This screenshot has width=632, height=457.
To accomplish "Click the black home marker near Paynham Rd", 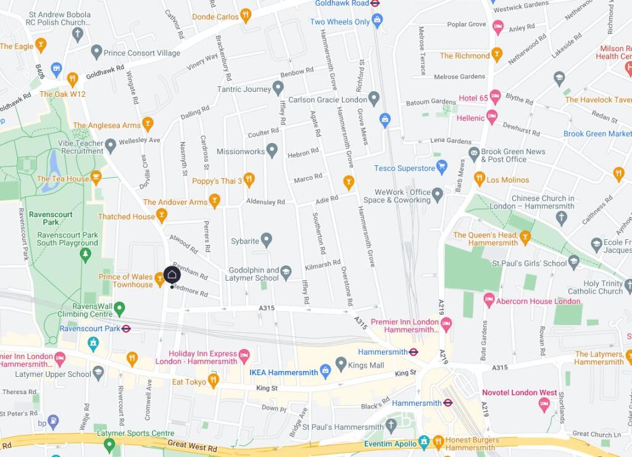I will pyautogui.click(x=172, y=274).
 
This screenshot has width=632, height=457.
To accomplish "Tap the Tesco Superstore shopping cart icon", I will pyautogui.click(x=441, y=166).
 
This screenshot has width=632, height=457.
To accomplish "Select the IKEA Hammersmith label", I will pyautogui.click(x=283, y=373).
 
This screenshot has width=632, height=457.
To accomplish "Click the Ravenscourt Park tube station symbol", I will pyautogui.click(x=126, y=329).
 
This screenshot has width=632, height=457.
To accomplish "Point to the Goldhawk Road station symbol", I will pyautogui.click(x=375, y=3).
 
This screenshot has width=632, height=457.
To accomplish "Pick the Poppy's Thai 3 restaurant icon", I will pyautogui.click(x=249, y=179).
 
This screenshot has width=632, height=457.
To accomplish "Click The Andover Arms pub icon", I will pyautogui.click(x=214, y=200).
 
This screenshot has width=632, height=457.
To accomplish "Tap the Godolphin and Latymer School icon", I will pyautogui.click(x=286, y=271).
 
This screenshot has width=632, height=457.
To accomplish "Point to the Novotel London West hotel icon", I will pyautogui.click(x=544, y=405).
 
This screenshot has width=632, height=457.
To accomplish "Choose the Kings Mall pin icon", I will pyautogui.click(x=341, y=364).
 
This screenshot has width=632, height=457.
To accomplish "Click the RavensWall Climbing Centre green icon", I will pyautogui.click(x=119, y=308).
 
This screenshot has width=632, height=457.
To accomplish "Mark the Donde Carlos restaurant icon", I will pyautogui.click(x=246, y=15).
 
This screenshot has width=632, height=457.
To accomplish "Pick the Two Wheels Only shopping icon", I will pyautogui.click(x=377, y=21).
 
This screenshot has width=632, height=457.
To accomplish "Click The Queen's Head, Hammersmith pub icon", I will pyautogui.click(x=525, y=237).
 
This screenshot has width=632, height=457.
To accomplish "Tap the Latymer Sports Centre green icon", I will pyautogui.click(x=109, y=444).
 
